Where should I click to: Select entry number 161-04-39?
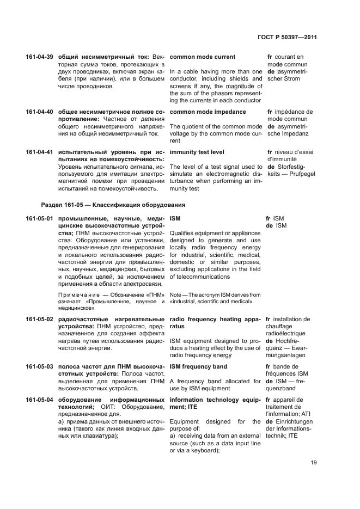[x=39, y=57]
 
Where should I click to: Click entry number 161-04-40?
[x=39, y=112]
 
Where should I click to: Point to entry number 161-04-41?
[x=39, y=152]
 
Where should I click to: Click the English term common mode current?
[x=203, y=57]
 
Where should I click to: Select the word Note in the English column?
[x=176, y=295]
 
